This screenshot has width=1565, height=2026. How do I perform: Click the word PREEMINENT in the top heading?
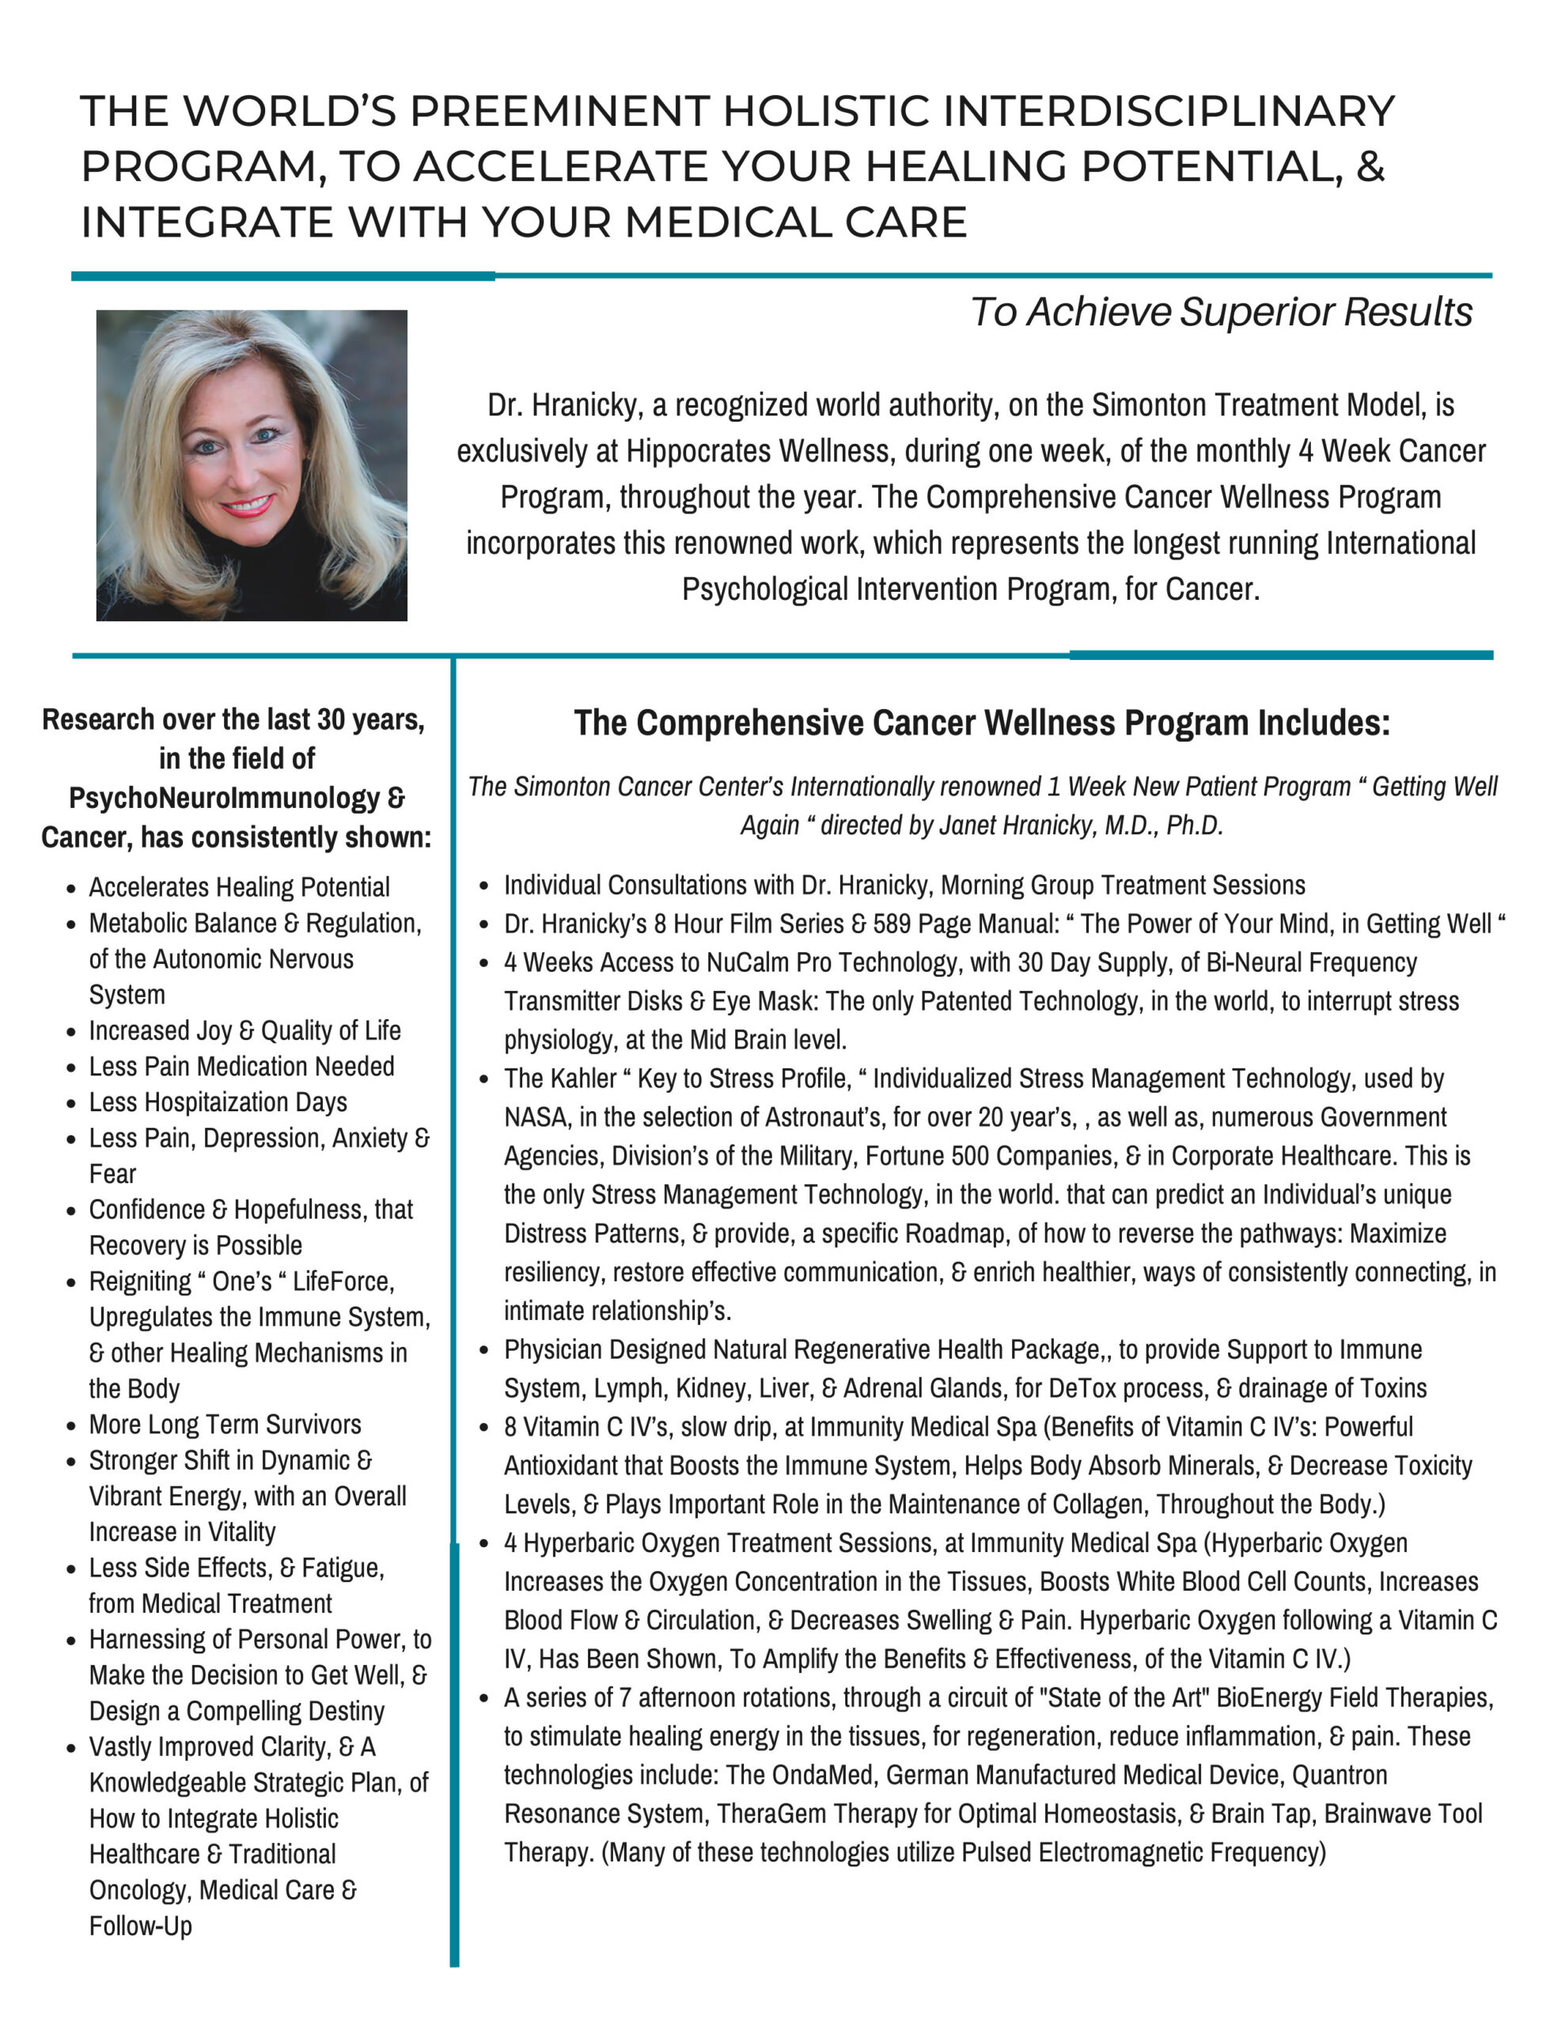click(559, 112)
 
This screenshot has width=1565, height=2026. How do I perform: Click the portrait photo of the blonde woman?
click(252, 465)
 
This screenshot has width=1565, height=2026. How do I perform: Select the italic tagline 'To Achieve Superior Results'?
click(1221, 312)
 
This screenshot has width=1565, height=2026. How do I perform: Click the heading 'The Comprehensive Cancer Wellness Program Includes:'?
click(982, 723)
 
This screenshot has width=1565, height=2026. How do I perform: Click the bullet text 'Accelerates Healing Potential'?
click(240, 887)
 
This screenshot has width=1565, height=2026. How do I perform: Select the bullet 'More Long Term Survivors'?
click(225, 1424)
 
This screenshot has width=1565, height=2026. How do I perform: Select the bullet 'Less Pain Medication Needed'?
click(241, 1066)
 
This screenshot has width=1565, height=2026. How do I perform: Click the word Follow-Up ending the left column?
click(140, 1925)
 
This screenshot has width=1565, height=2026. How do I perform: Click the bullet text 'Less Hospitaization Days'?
click(218, 1102)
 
